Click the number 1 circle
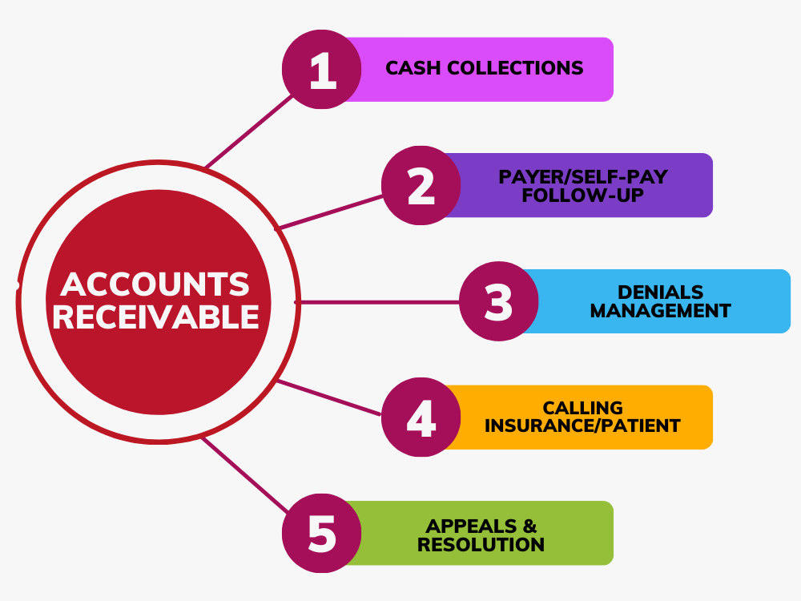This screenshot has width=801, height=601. pyautogui.click(x=322, y=70)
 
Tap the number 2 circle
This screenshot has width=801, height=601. pyautogui.click(x=421, y=186)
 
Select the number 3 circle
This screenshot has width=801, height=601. pyautogui.click(x=498, y=301)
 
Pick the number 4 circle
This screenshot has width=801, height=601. pyautogui.click(x=421, y=417)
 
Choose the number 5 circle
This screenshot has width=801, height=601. pyautogui.click(x=322, y=533)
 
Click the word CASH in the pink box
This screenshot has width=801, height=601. pyautogui.click(x=413, y=68)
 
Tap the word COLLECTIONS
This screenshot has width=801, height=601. pyautogui.click(x=515, y=68)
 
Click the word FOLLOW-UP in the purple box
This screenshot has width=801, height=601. pyautogui.click(x=582, y=196)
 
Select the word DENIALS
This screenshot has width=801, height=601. pyautogui.click(x=661, y=292)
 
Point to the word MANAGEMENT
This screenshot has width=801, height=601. pyautogui.click(x=661, y=311)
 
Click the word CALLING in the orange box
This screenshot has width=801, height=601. pyautogui.click(x=583, y=408)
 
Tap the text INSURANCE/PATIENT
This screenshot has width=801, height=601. pyautogui.click(x=582, y=426)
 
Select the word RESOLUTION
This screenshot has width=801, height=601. pyautogui.click(x=481, y=545)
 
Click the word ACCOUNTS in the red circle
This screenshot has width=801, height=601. pyautogui.click(x=155, y=284)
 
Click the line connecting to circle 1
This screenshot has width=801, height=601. pyautogui.click(x=248, y=131)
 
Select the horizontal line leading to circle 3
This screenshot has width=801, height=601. pyautogui.click(x=380, y=303)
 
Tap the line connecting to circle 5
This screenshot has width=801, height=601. pyautogui.click(x=244, y=474)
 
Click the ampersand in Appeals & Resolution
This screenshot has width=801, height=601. pyautogui.click(x=529, y=526)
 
